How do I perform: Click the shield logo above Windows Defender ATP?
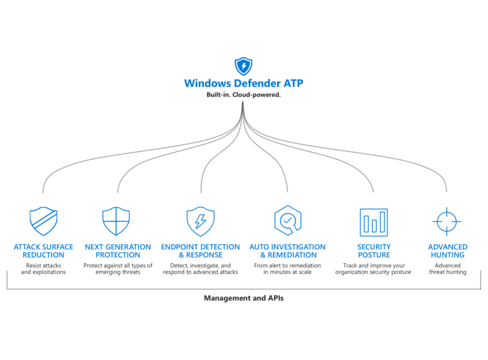pyautogui.click(x=243, y=66)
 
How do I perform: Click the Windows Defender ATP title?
pyautogui.click(x=243, y=83)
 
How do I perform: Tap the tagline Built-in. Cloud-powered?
pyautogui.click(x=243, y=95)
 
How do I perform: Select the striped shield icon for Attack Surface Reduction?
pyautogui.click(x=43, y=221)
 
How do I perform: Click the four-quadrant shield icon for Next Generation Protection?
pyautogui.click(x=116, y=221)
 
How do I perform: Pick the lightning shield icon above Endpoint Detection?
pyautogui.click(x=200, y=221)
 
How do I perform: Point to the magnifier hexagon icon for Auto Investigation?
pyautogui.click(x=287, y=221)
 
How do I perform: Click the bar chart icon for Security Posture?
pyautogui.click(x=374, y=222)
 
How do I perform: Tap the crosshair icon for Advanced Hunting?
pyautogui.click(x=447, y=221)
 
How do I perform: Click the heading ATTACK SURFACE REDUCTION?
pyautogui.click(x=43, y=251)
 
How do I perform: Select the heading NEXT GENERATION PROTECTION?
pyautogui.click(x=118, y=251)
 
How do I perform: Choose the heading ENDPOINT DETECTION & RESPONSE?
pyautogui.click(x=200, y=251)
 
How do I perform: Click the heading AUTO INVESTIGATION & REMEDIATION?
pyautogui.click(x=287, y=251)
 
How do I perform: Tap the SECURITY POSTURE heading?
pyautogui.click(x=374, y=251)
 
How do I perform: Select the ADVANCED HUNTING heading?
pyautogui.click(x=447, y=251)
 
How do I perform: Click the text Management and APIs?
pyautogui.click(x=243, y=298)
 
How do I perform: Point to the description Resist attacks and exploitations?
pyautogui.click(x=43, y=268)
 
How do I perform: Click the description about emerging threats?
pyautogui.click(x=118, y=268)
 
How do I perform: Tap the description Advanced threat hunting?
pyautogui.click(x=447, y=268)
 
